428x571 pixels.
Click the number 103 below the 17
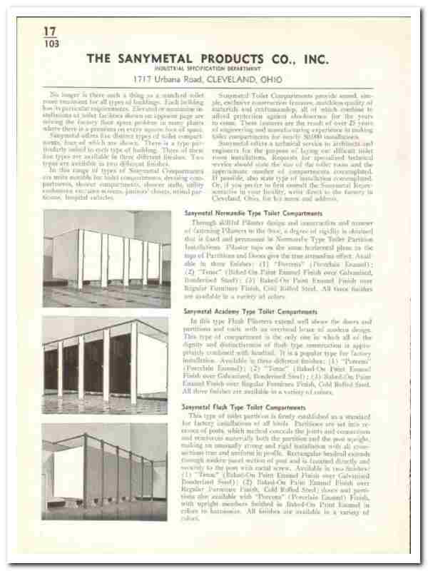click(x=49, y=43)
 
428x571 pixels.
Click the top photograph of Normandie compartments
click(x=106, y=258)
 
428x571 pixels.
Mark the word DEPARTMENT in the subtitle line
click(x=244, y=69)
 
